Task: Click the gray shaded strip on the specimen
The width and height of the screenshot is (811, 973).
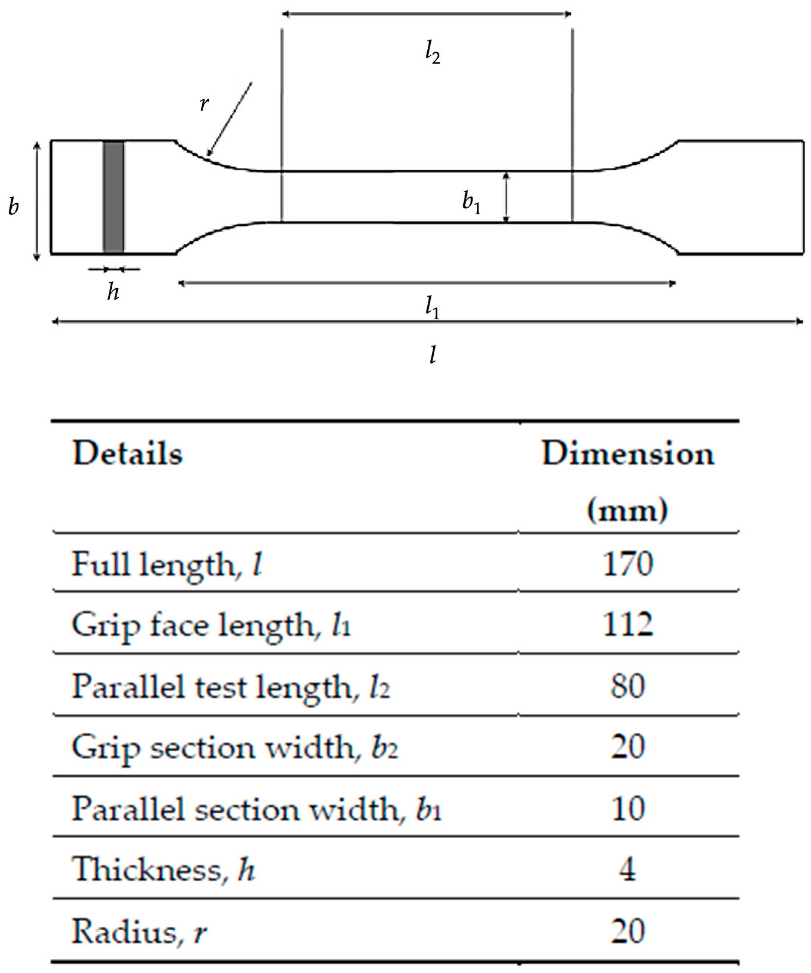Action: coord(113,197)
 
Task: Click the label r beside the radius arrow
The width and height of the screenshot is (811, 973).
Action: coord(204,104)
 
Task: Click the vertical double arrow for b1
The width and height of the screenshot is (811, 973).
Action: coord(506,197)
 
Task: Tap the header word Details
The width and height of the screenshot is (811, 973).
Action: coord(128,454)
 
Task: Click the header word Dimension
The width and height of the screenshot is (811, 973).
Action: coord(628,454)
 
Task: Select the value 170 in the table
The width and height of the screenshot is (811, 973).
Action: coord(628,564)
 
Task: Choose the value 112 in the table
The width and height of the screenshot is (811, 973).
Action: coord(628,625)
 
